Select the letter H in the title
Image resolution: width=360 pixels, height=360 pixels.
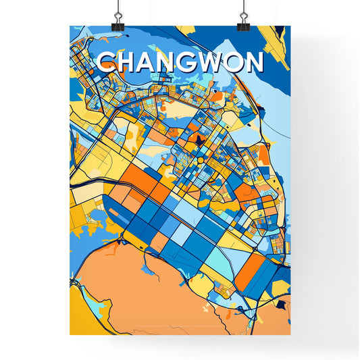(128, 63)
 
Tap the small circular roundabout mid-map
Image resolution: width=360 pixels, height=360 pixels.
(200, 159)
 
